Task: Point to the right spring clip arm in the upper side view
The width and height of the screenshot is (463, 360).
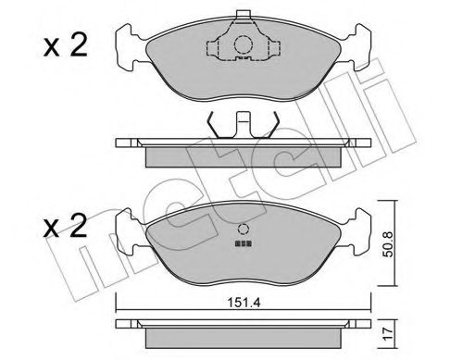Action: (270, 123)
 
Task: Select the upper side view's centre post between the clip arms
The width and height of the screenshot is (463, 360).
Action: (244, 124)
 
